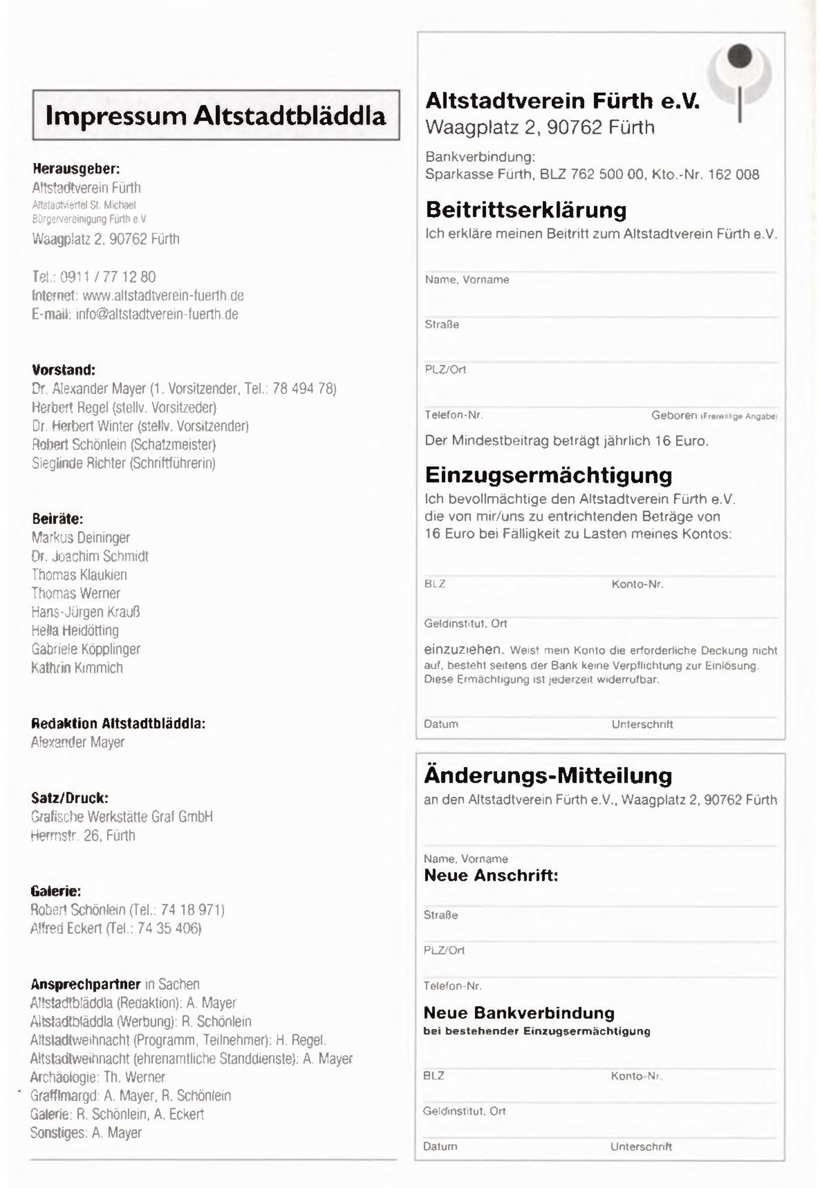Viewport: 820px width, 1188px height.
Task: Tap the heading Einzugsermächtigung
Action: click(548, 475)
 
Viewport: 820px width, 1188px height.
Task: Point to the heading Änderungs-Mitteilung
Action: click(548, 776)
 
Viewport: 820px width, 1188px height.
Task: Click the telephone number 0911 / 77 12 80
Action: click(108, 277)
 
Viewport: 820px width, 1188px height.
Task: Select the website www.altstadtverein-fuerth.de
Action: click(163, 296)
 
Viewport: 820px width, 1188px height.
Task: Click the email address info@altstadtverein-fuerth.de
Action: click(157, 314)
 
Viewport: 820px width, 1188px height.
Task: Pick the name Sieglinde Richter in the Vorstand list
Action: click(78, 463)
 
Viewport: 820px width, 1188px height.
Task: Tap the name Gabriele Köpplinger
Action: click(86, 649)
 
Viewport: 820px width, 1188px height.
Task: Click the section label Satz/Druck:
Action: click(69, 798)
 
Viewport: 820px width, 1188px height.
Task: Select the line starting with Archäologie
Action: click(98, 1077)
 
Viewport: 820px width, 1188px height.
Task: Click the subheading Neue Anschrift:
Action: click(490, 875)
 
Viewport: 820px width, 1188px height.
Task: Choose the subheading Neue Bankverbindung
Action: click(519, 1013)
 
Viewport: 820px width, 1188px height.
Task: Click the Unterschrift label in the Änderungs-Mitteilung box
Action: click(641, 1146)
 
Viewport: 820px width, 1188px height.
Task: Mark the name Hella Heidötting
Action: click(75, 631)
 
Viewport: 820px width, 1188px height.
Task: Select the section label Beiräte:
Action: click(57, 519)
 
